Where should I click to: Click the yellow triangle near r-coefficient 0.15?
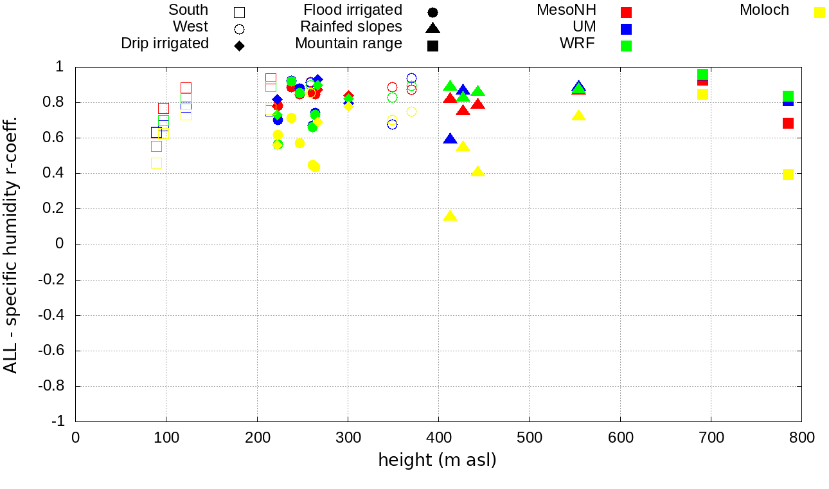pos(450,216)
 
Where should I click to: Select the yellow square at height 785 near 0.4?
pos(789,174)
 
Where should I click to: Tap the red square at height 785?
pos(789,123)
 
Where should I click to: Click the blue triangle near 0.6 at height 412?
pos(450,139)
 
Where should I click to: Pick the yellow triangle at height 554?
pos(579,116)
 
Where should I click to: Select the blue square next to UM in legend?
pos(627,29)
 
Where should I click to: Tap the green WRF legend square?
pos(627,46)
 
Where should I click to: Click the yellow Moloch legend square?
pos(819,12)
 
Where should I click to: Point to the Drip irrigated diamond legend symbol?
pos(240,46)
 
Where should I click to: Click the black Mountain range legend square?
pos(432,46)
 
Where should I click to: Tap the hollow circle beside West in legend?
pos(240,29)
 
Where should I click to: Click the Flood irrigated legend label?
pos(353,10)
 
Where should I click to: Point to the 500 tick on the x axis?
pos(529,438)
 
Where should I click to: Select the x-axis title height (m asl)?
pos(438,460)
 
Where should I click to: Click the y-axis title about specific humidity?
pos(10,244)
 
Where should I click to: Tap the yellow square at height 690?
pos(702,95)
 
